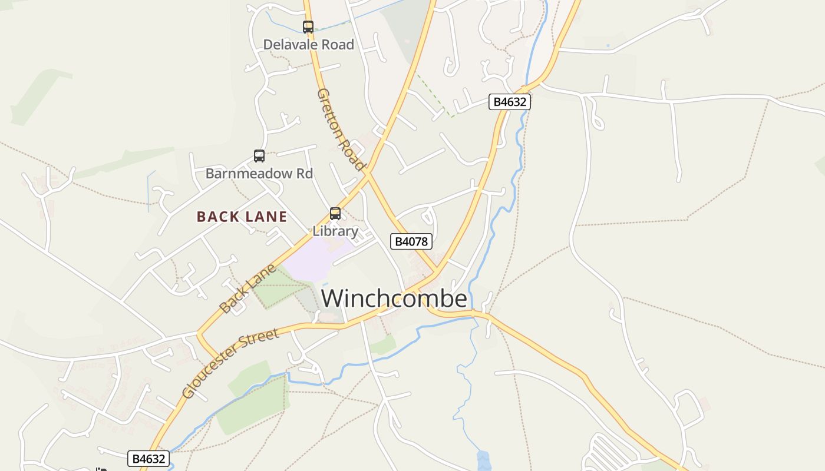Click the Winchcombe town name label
coord(394,298)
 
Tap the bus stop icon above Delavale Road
coord(308,26)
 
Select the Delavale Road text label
coord(308,45)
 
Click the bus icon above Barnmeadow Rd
coord(259,156)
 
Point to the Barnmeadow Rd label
coord(259,174)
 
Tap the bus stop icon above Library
coord(335,214)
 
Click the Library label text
coord(335,231)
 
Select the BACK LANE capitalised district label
coord(242,217)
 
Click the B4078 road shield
coord(411,241)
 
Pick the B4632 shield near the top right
coord(510,102)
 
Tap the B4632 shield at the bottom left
coord(148,459)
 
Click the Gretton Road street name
coord(341,130)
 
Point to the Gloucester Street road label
coord(230,363)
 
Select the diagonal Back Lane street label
coord(247,288)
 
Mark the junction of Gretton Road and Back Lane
coord(367,172)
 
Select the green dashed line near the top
coord(434,94)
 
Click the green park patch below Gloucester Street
coord(253,406)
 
